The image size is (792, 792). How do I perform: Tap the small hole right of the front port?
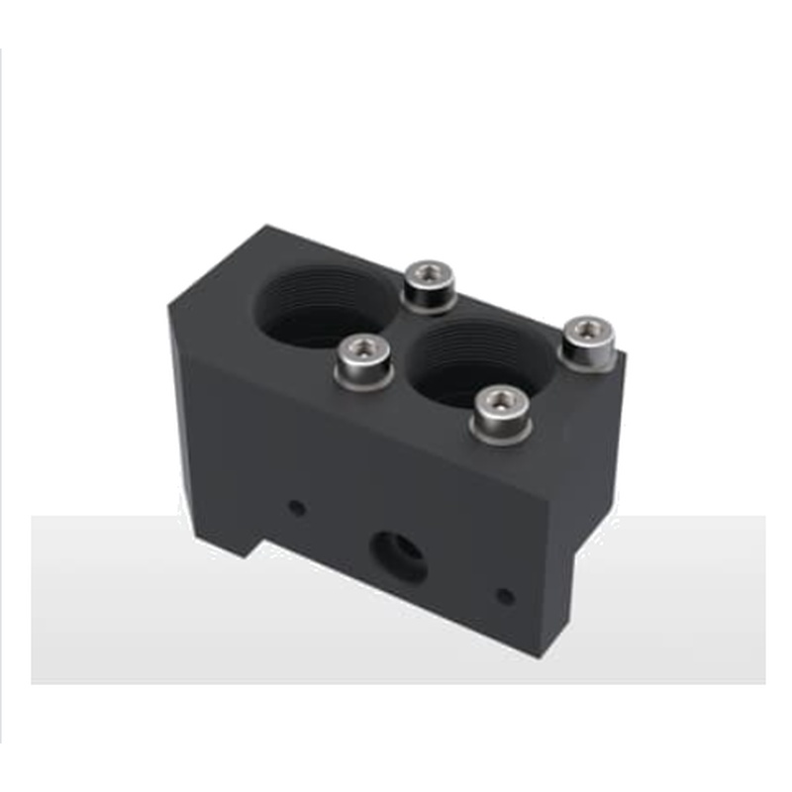[x=504, y=597]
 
